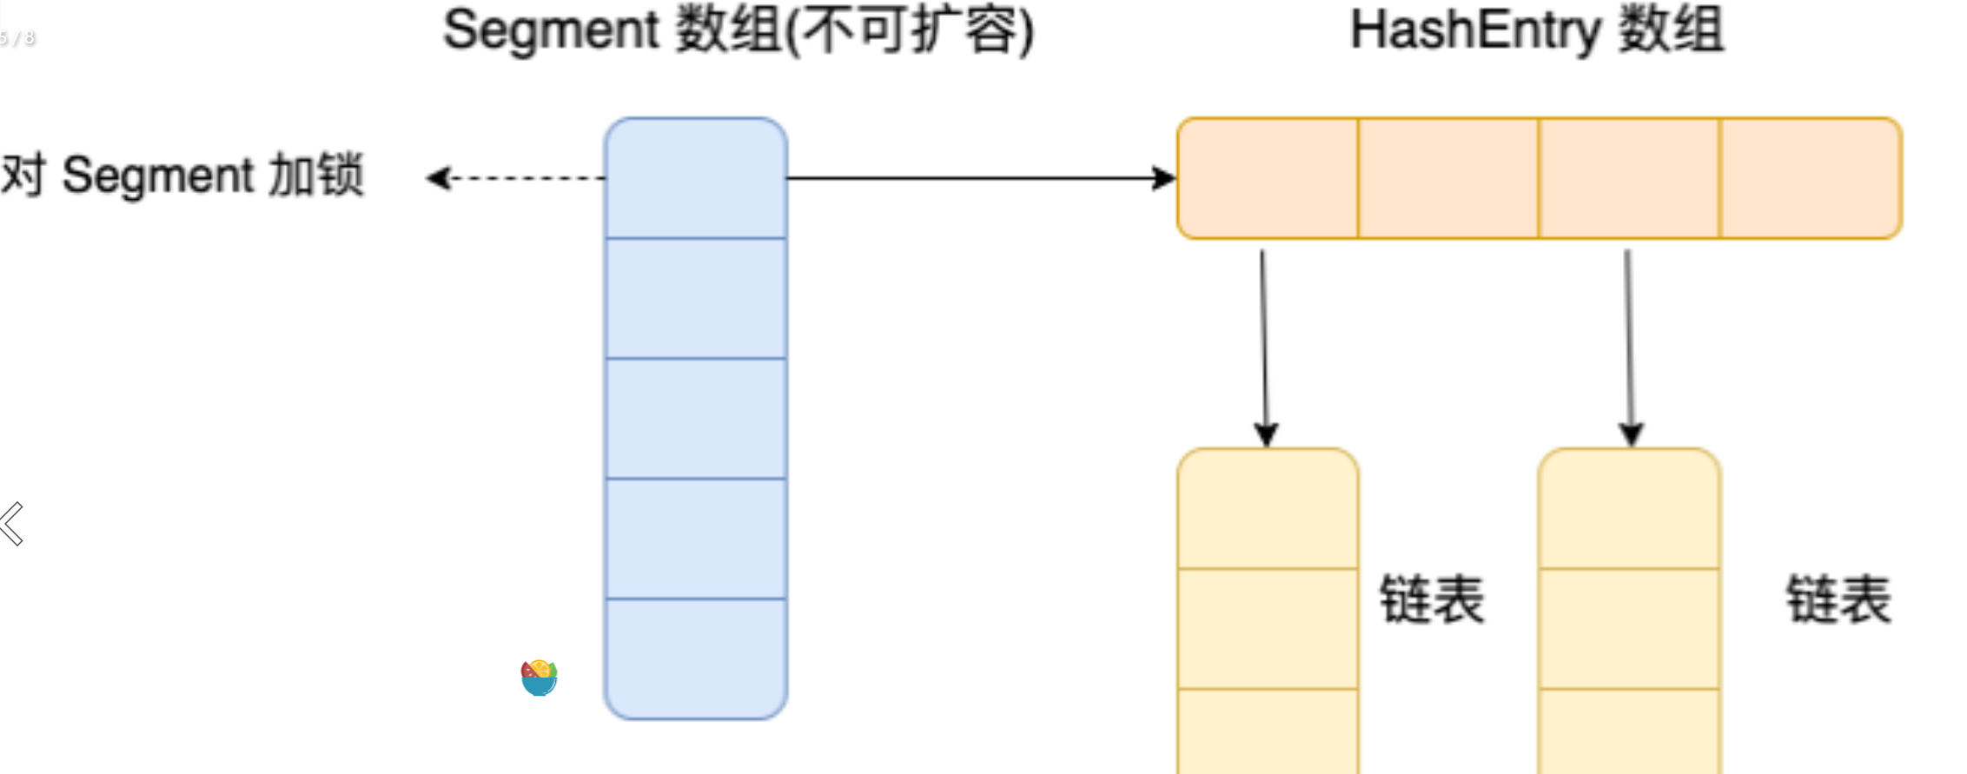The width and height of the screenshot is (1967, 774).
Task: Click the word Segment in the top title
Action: click(x=551, y=31)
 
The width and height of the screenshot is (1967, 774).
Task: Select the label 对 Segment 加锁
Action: click(x=182, y=175)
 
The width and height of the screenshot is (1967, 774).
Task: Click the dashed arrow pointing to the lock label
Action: click(x=516, y=178)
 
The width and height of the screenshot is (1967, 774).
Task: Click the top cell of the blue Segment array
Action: click(x=696, y=178)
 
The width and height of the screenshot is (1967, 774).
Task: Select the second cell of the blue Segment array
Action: click(x=696, y=298)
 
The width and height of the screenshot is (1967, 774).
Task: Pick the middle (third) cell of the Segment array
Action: click(x=696, y=418)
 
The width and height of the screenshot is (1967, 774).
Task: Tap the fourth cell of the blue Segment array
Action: click(x=696, y=539)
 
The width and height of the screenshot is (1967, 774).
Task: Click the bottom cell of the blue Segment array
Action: click(x=696, y=658)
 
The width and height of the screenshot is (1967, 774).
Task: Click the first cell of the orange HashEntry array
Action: click(x=1268, y=178)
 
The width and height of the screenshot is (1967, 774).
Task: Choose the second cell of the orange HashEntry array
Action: click(x=1448, y=178)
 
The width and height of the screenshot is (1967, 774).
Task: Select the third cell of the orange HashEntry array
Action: click(x=1629, y=178)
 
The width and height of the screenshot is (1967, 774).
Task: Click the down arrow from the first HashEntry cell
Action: click(x=1264, y=347)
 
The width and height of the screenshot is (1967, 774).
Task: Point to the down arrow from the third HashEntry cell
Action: click(x=1629, y=347)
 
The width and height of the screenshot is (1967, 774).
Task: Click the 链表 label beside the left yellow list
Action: click(x=1432, y=599)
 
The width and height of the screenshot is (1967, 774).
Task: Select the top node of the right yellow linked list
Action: click(x=1629, y=509)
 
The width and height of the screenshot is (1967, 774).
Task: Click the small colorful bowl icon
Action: click(x=539, y=678)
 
